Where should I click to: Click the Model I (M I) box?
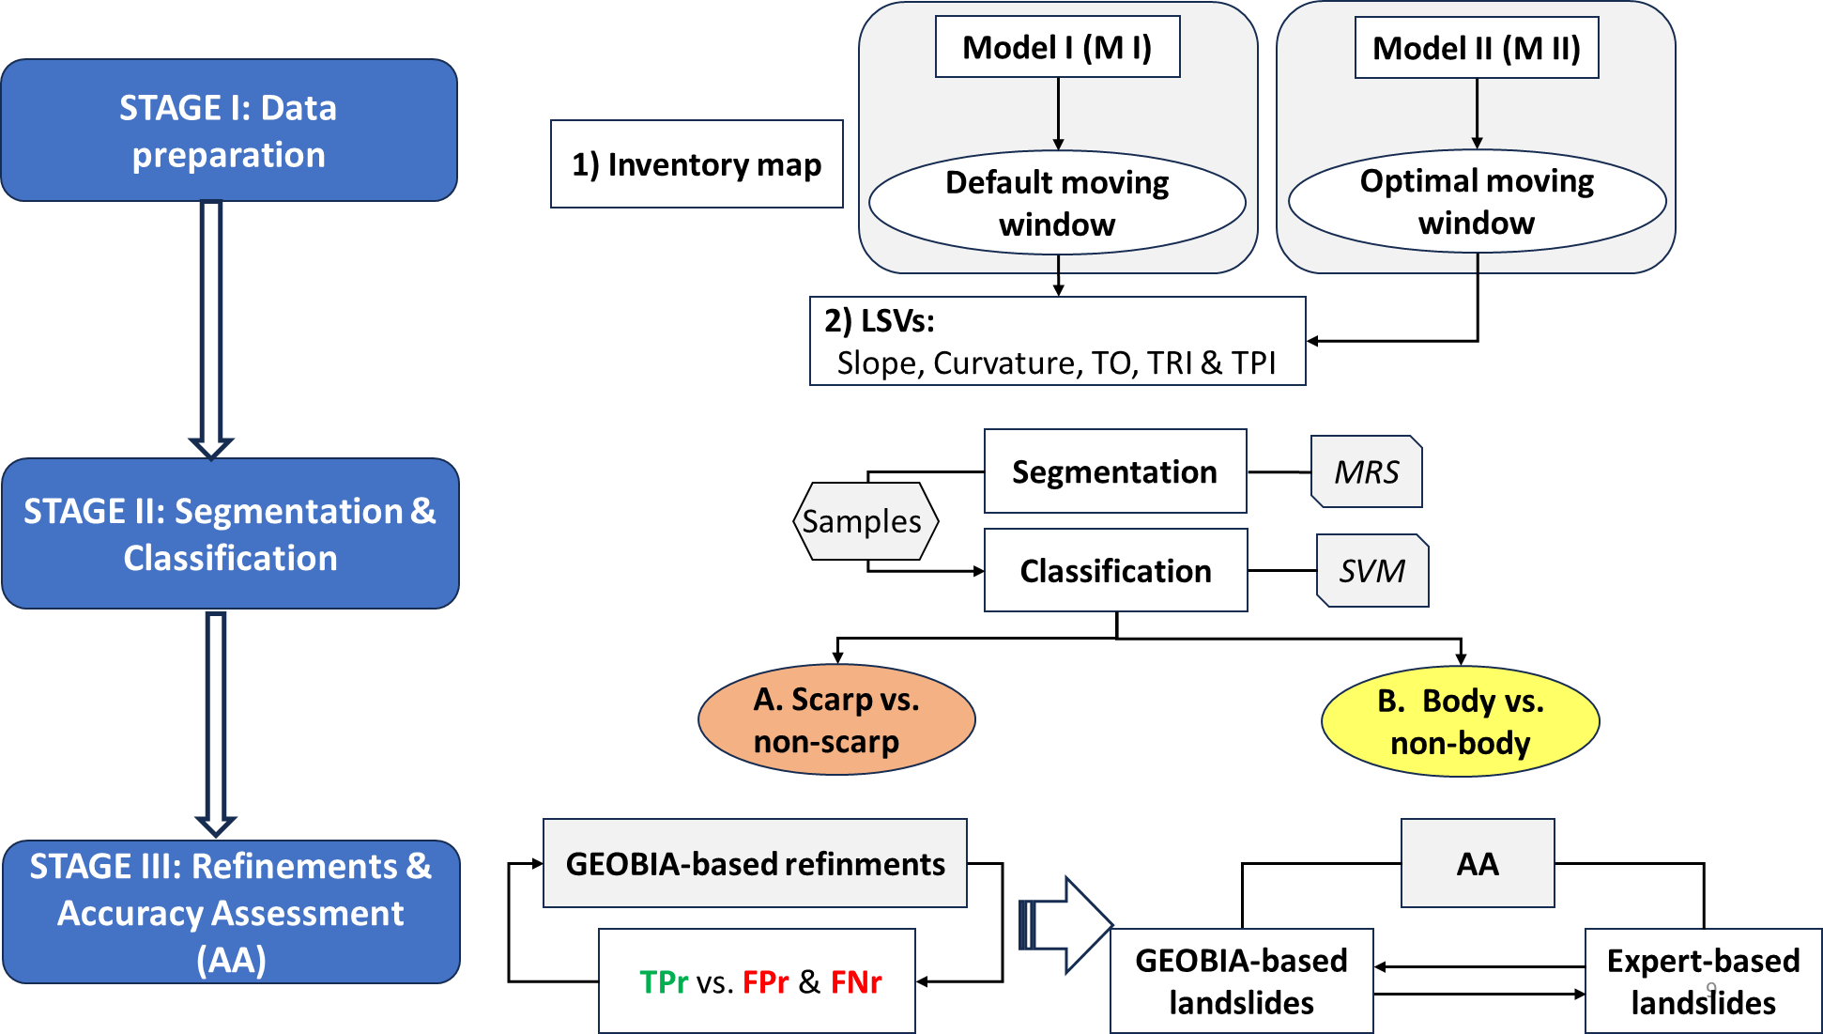pyautogui.click(x=1057, y=47)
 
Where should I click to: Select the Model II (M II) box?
pyautogui.click(x=1476, y=48)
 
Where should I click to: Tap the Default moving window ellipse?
pyautogui.click(x=1057, y=203)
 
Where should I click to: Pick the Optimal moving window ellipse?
pyautogui.click(x=1477, y=201)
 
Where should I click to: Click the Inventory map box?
pyautogui.click(x=697, y=164)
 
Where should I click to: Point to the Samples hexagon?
pyautogui.click(x=864, y=521)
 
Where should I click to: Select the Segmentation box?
pyautogui.click(x=1114, y=471)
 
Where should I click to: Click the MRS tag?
pyautogui.click(x=1367, y=471)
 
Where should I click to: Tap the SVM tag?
pyautogui.click(x=1372, y=571)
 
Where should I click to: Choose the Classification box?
pyautogui.click(x=1115, y=571)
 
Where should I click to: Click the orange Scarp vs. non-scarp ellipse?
pyautogui.click(x=836, y=720)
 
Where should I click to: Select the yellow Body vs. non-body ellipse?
pyautogui.click(x=1460, y=721)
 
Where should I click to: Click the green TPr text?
pyautogui.click(x=664, y=982)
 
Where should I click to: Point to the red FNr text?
pyautogui.click(x=855, y=982)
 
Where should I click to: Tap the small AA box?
pyautogui.click(x=1477, y=864)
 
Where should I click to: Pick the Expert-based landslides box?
pyautogui.click(x=1703, y=981)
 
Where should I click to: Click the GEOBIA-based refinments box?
pyautogui.click(x=755, y=864)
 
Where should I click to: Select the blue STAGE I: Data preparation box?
pyautogui.click(x=229, y=131)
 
